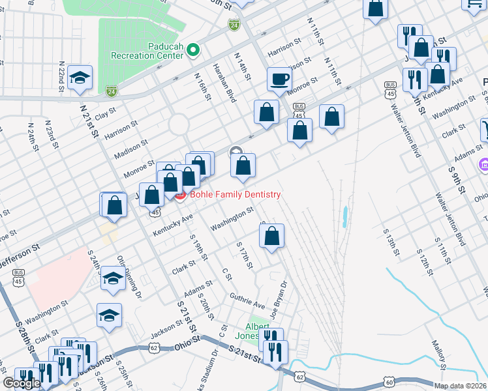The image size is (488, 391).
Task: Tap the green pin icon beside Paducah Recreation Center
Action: click(192, 50)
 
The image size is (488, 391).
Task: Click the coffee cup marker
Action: click(279, 80)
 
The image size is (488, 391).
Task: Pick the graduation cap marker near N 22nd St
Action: click(80, 78)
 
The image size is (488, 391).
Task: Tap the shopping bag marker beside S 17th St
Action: click(272, 236)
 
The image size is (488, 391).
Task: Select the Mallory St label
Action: click(438, 352)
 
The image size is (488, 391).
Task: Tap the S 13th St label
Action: click(390, 242)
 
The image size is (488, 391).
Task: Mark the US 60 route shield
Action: click(389, 382)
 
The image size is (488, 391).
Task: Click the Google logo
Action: click(22, 383)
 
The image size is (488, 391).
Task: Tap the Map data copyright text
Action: click(461, 386)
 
